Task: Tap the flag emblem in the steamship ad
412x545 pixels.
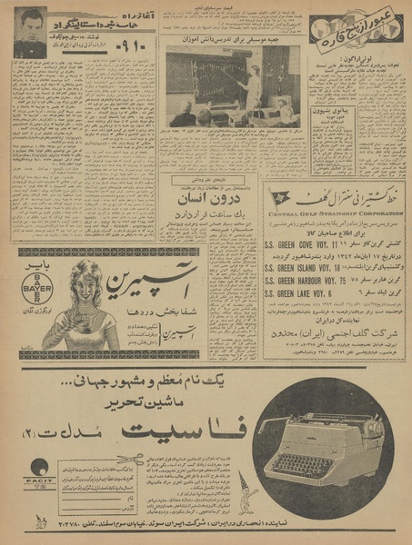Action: tap(282, 197)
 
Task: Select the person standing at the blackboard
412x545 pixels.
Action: tap(252, 84)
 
